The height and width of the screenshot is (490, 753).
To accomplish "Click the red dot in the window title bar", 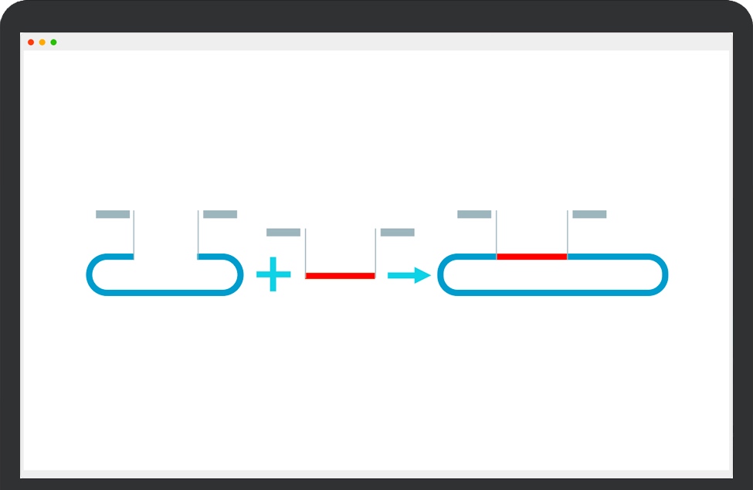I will click(31, 42).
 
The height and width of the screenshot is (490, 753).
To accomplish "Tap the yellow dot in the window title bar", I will click(42, 42).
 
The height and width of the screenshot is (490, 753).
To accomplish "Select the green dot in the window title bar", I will click(53, 42).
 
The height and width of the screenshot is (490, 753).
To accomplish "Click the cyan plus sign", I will click(273, 275).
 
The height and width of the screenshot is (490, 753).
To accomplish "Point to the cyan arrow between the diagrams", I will click(409, 275).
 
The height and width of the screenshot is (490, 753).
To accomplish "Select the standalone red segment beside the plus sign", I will click(340, 275).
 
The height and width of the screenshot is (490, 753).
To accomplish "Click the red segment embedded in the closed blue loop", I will click(531, 256).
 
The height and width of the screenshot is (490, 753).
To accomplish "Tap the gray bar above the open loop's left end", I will click(113, 214).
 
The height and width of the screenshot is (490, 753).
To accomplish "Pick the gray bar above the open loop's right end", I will click(220, 214).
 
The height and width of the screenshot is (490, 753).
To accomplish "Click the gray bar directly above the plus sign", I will click(283, 232).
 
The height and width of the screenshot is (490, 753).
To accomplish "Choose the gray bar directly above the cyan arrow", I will click(398, 232).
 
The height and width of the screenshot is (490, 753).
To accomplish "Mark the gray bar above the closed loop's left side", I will click(474, 214).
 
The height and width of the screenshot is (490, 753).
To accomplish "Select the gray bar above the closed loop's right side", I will click(589, 214).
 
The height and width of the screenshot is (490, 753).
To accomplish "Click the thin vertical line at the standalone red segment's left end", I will click(305, 251).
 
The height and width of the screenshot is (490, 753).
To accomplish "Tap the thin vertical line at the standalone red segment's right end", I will click(375, 251).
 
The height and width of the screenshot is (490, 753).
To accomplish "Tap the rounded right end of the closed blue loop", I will click(663, 274).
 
